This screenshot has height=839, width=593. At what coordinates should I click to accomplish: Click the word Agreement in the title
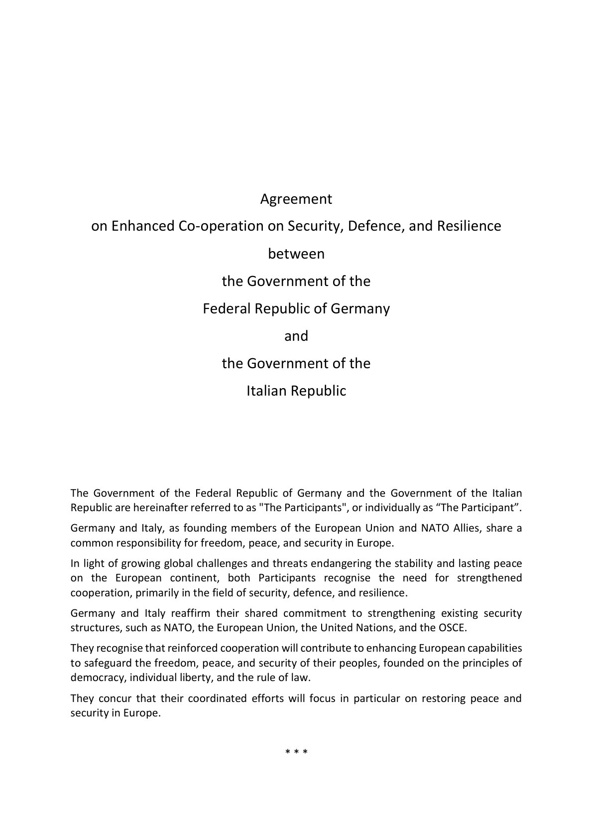point(296,199)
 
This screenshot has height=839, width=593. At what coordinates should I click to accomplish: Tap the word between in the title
point(296,254)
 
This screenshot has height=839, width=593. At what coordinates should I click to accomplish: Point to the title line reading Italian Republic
point(296,391)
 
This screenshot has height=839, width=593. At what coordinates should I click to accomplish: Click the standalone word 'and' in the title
point(296,336)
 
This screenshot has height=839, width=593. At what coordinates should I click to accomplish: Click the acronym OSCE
point(453,628)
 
